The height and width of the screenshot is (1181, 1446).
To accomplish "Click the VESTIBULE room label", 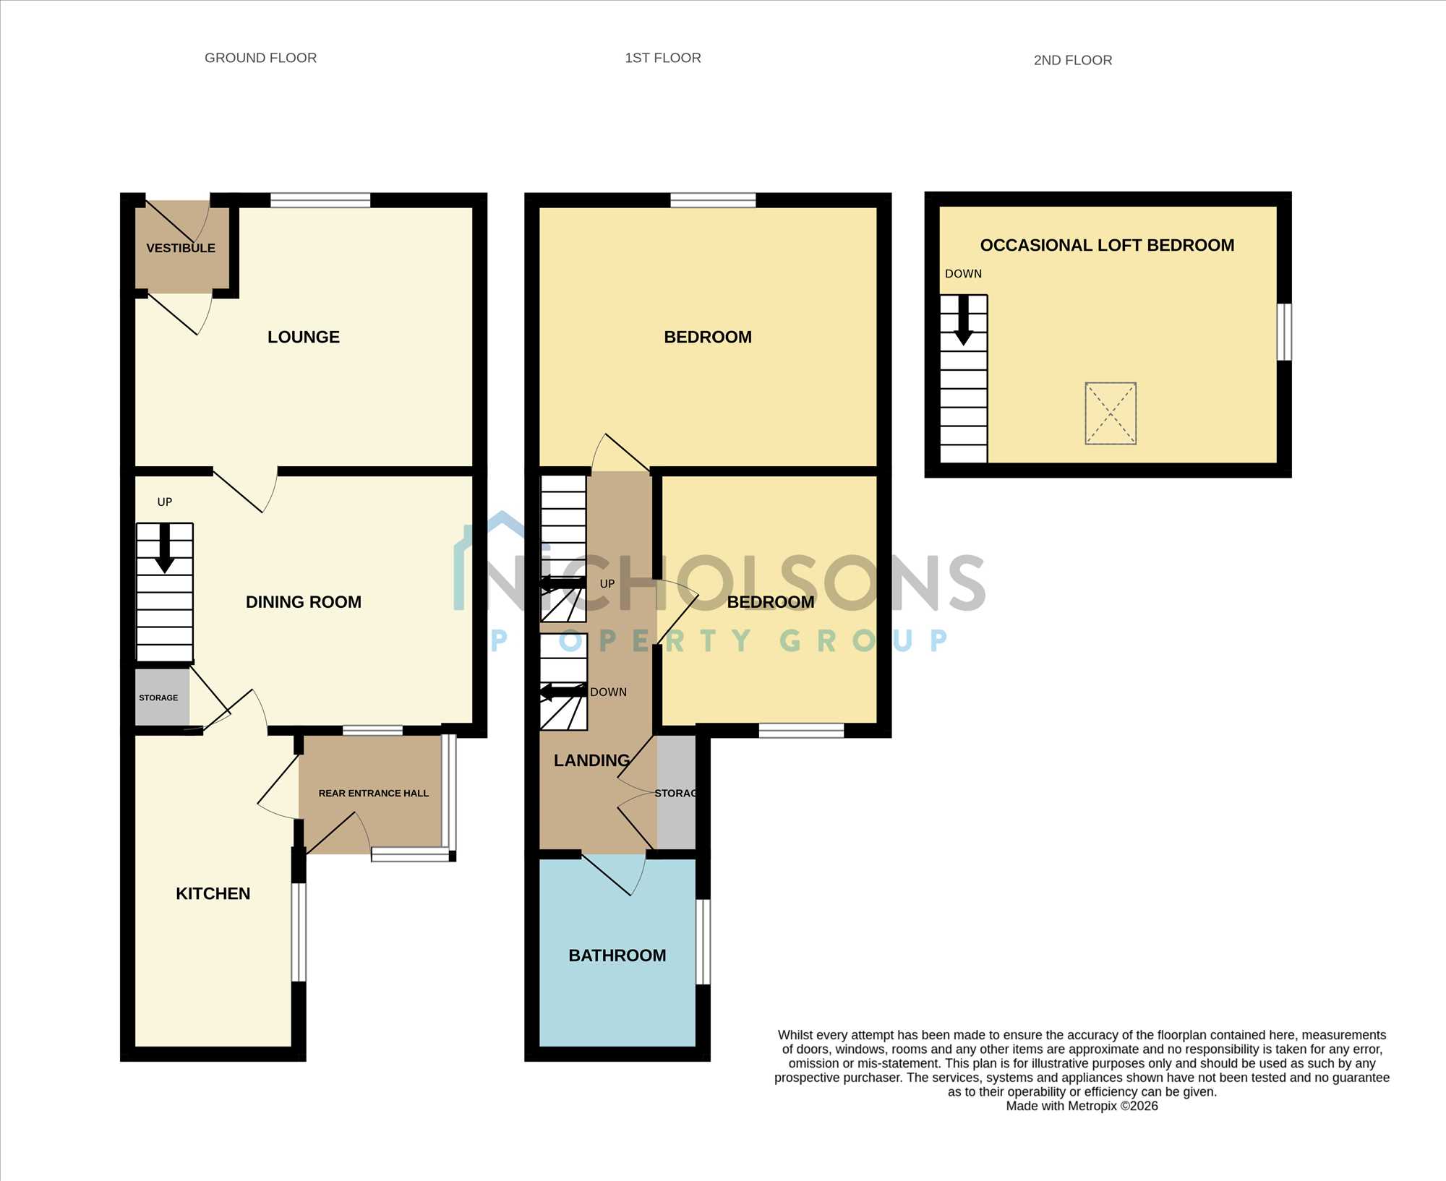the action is (181, 248).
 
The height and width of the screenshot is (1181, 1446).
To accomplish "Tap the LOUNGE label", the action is (304, 337).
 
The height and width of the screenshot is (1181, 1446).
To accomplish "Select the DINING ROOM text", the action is (304, 602).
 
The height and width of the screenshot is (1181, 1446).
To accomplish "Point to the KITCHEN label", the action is (213, 893).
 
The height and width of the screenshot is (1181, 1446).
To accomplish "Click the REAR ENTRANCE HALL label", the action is (374, 793).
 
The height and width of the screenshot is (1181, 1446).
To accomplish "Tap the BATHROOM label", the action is (617, 955).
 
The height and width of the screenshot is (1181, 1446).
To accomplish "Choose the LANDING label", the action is (592, 760).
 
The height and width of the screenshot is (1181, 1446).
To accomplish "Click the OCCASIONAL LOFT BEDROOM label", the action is (1107, 245).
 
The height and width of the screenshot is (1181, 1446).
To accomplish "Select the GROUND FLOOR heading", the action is (261, 58).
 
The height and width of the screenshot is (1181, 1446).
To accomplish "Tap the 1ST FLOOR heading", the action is (663, 58).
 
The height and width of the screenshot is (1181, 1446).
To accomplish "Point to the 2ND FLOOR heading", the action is (1073, 60).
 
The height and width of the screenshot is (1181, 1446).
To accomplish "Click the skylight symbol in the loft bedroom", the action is (1111, 413).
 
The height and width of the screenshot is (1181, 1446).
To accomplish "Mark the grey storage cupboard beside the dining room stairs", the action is (162, 697).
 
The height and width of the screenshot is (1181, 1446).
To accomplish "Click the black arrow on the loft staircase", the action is (963, 320).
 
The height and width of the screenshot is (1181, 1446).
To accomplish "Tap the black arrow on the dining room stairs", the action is (165, 548).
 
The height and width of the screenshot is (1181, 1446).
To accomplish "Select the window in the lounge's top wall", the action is (320, 200).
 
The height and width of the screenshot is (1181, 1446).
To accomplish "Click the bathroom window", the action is (703, 942).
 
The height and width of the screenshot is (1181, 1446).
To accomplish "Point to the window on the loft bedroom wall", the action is (1284, 332).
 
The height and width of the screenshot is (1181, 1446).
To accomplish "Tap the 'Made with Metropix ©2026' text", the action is (1082, 1106).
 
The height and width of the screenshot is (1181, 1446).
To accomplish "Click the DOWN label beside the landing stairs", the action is (608, 692).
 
